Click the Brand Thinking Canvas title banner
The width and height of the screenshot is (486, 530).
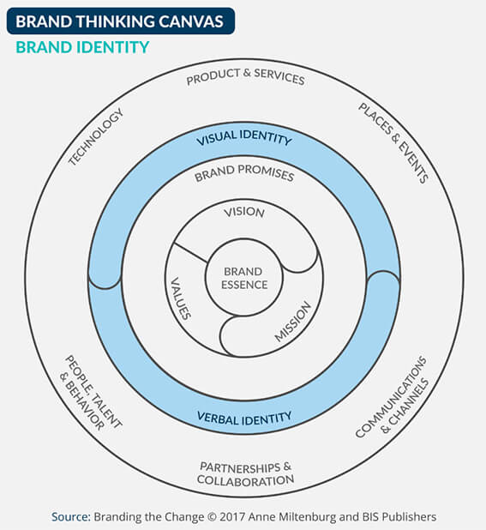coord(121,21)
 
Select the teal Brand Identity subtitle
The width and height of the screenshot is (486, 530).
coord(83,47)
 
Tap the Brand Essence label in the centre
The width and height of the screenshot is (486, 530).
coord(244,278)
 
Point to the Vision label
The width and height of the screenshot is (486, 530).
coord(244,212)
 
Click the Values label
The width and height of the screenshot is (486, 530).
coord(181,298)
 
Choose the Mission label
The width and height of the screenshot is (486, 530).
coord(293,322)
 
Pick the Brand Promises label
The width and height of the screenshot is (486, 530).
coord(244,173)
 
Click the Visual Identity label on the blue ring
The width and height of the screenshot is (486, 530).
coord(244,137)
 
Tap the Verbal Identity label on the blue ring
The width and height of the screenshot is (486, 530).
coord(244,419)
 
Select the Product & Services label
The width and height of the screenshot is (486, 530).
coord(245,76)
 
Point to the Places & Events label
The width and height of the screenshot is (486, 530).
coord(393,142)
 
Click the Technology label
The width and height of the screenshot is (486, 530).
coord(96,136)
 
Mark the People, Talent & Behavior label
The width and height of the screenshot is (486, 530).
coord(91,393)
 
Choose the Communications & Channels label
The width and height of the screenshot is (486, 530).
coord(393,397)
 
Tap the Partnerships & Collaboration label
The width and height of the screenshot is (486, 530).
coord(245,473)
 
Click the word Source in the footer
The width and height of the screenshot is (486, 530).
coord(71,517)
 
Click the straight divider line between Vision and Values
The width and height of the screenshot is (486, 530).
coord(190,252)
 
